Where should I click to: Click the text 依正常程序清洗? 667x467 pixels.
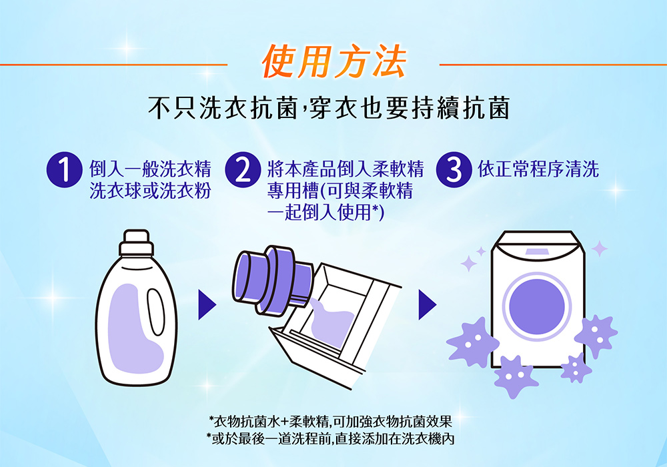coord(538,169)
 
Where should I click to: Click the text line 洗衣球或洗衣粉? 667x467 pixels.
coord(150,191)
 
